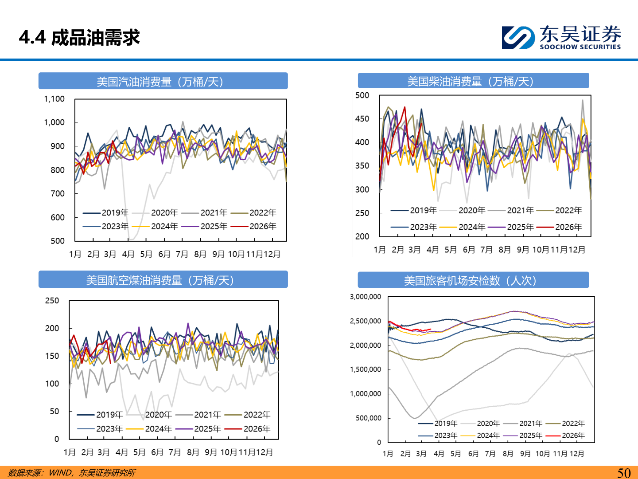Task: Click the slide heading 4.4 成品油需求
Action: tap(79, 38)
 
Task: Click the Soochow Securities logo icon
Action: tap(517, 38)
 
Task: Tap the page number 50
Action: tap(624, 473)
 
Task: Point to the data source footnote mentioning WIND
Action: tap(72, 473)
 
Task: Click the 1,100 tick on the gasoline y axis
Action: tap(54, 99)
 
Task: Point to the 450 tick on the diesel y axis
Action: tap(362, 119)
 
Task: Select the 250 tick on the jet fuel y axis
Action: tap(52, 301)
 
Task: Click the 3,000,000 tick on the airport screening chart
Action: tap(365, 297)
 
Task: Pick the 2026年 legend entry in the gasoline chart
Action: tap(262, 227)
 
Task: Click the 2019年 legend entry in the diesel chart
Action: tap(423, 210)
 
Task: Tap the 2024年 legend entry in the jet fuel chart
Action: tap(158, 429)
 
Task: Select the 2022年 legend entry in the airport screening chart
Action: tap(573, 424)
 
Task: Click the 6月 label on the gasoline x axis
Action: tap(164, 254)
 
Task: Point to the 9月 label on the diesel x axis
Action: tap(523, 250)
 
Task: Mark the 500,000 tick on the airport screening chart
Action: tap(368, 418)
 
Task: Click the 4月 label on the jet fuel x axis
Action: tap(121, 452)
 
